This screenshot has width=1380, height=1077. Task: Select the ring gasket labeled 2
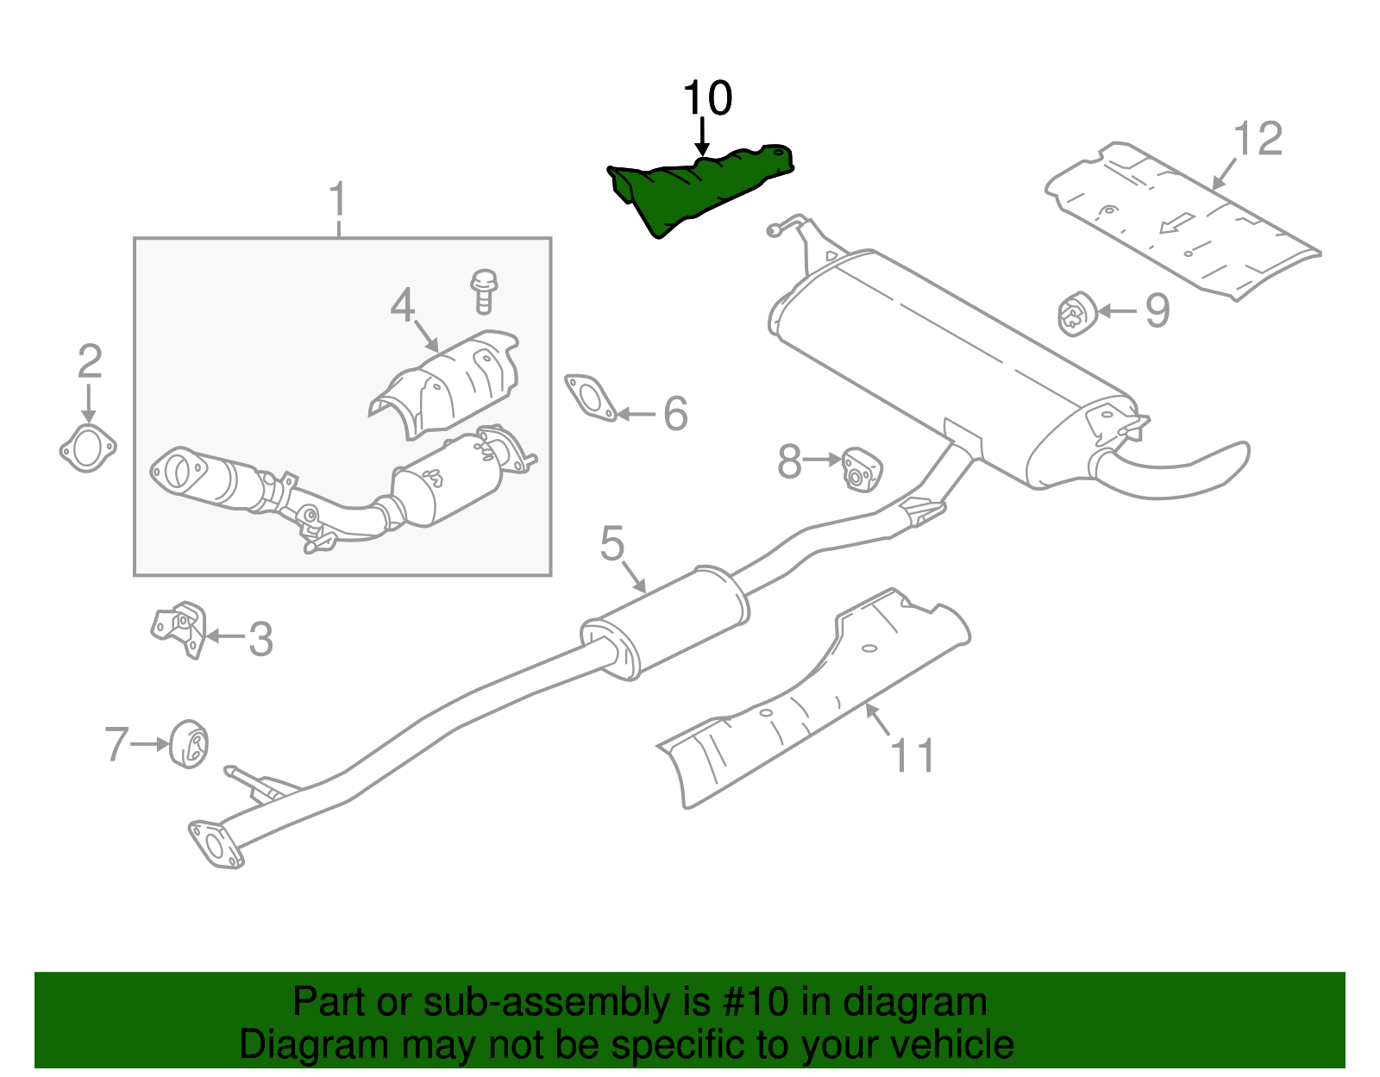(x=87, y=449)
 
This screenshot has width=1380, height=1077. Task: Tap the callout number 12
(x=1258, y=139)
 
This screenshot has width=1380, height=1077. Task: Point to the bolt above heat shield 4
(x=484, y=291)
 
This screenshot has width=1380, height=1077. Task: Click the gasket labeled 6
(x=591, y=398)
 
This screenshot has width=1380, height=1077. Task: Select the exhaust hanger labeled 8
(x=861, y=469)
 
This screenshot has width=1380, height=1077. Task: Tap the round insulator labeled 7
(x=189, y=743)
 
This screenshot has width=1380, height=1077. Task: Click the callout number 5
(x=612, y=544)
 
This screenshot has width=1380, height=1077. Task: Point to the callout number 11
(x=912, y=756)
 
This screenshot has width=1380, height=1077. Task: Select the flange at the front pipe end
(x=215, y=842)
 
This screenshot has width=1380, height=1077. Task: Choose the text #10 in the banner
(x=750, y=1003)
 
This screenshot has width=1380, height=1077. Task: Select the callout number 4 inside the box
(x=403, y=305)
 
